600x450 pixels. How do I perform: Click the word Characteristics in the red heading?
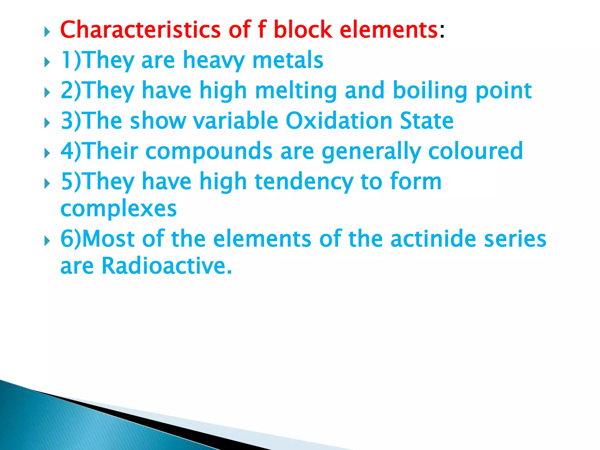(140, 30)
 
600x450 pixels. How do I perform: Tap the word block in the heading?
(303, 30)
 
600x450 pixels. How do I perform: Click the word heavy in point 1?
(214, 60)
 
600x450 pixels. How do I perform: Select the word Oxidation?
(339, 121)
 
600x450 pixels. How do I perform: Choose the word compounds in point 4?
(209, 151)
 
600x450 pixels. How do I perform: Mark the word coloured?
(475, 151)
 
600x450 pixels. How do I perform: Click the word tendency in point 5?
(304, 182)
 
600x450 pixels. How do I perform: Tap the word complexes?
(118, 209)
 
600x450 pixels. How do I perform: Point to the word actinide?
(433, 239)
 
